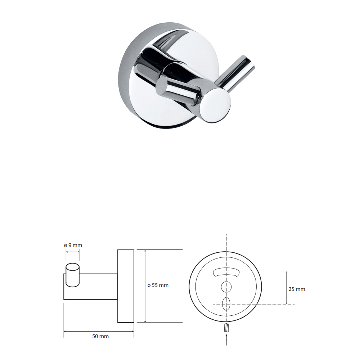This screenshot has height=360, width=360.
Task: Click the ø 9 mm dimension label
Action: [x=73, y=245]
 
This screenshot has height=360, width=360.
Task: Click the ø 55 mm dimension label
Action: [x=158, y=285]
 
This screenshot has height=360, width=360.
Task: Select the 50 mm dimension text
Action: [x=100, y=336]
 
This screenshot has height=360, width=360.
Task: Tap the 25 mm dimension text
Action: [x=297, y=289]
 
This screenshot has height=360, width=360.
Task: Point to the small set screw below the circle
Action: [x=226, y=327]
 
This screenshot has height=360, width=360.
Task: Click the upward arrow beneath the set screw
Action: [x=226, y=339]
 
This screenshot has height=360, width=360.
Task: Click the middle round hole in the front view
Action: [x=226, y=287]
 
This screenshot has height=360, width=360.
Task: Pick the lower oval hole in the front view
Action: [x=226, y=304]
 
